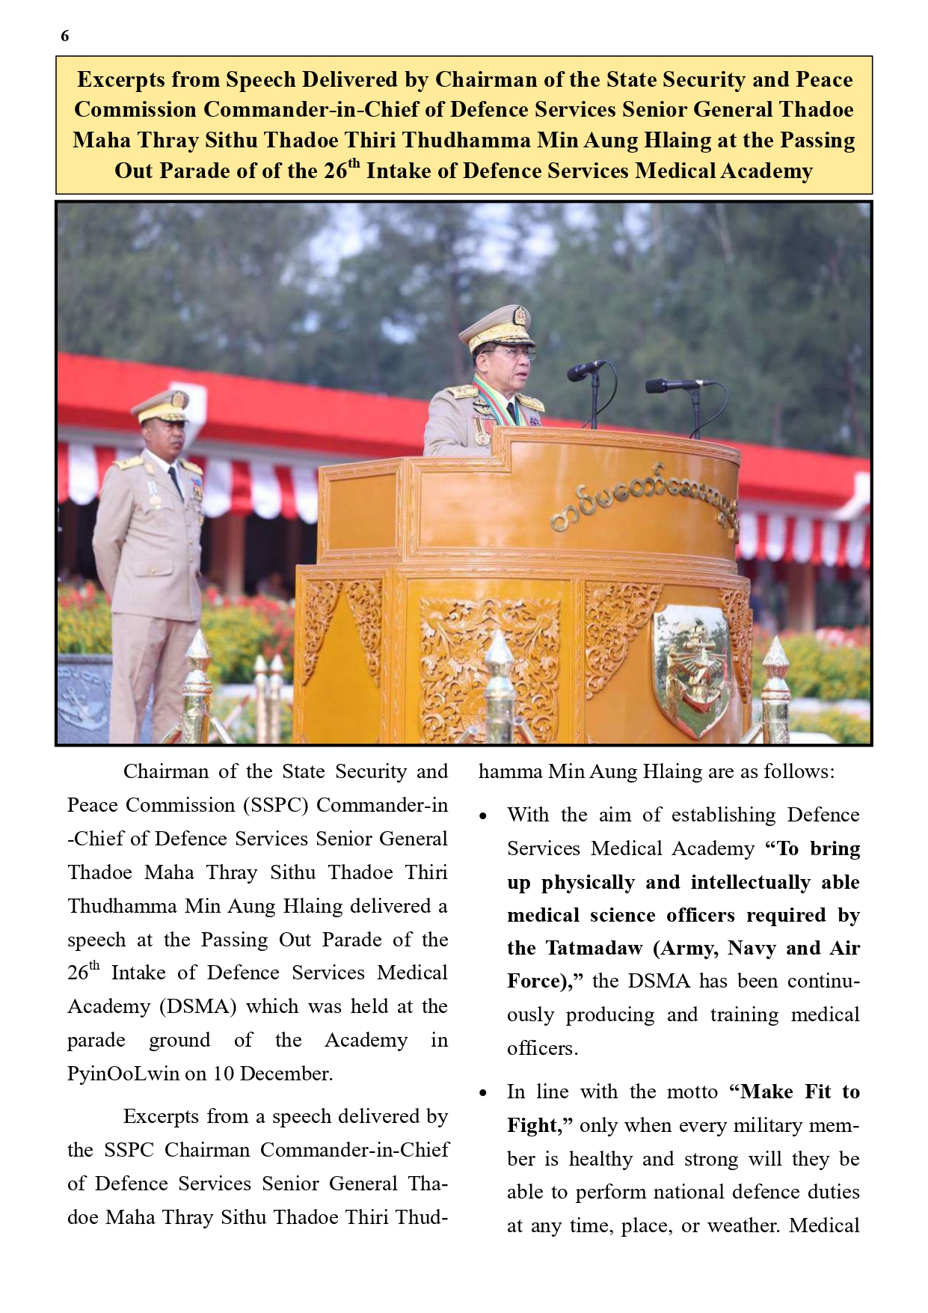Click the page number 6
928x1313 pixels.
[65, 36]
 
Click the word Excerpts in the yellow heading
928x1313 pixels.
[123, 80]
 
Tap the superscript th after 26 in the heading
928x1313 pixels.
[354, 164]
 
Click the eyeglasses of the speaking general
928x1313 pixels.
[515, 353]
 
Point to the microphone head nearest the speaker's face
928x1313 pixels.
[579, 370]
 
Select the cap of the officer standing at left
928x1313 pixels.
[162, 406]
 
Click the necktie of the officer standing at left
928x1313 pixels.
[176, 482]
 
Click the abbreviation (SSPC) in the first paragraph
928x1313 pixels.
[275, 806]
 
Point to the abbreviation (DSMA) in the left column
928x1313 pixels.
[197, 1007]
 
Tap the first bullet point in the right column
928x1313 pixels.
[484, 816]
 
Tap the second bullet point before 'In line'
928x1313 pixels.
[484, 1093]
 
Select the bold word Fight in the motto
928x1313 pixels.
[532, 1126]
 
